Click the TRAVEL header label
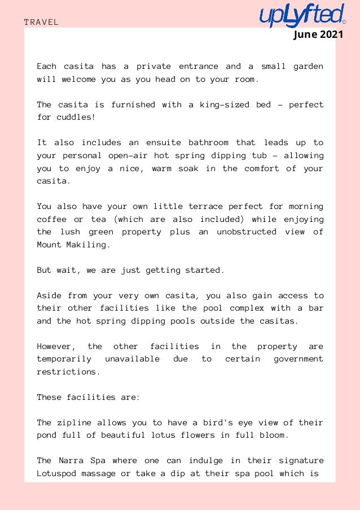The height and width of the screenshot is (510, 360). [41, 22]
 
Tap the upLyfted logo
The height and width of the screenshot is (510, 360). [301, 15]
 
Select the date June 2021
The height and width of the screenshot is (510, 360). [318, 35]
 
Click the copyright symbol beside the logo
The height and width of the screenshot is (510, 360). [344, 22]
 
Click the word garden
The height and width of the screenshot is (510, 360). [308, 67]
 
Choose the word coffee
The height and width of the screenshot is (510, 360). [51, 219]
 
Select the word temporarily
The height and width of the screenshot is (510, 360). [64, 359]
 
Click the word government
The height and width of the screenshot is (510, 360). [298, 359]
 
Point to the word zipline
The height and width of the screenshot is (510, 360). [75, 422]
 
